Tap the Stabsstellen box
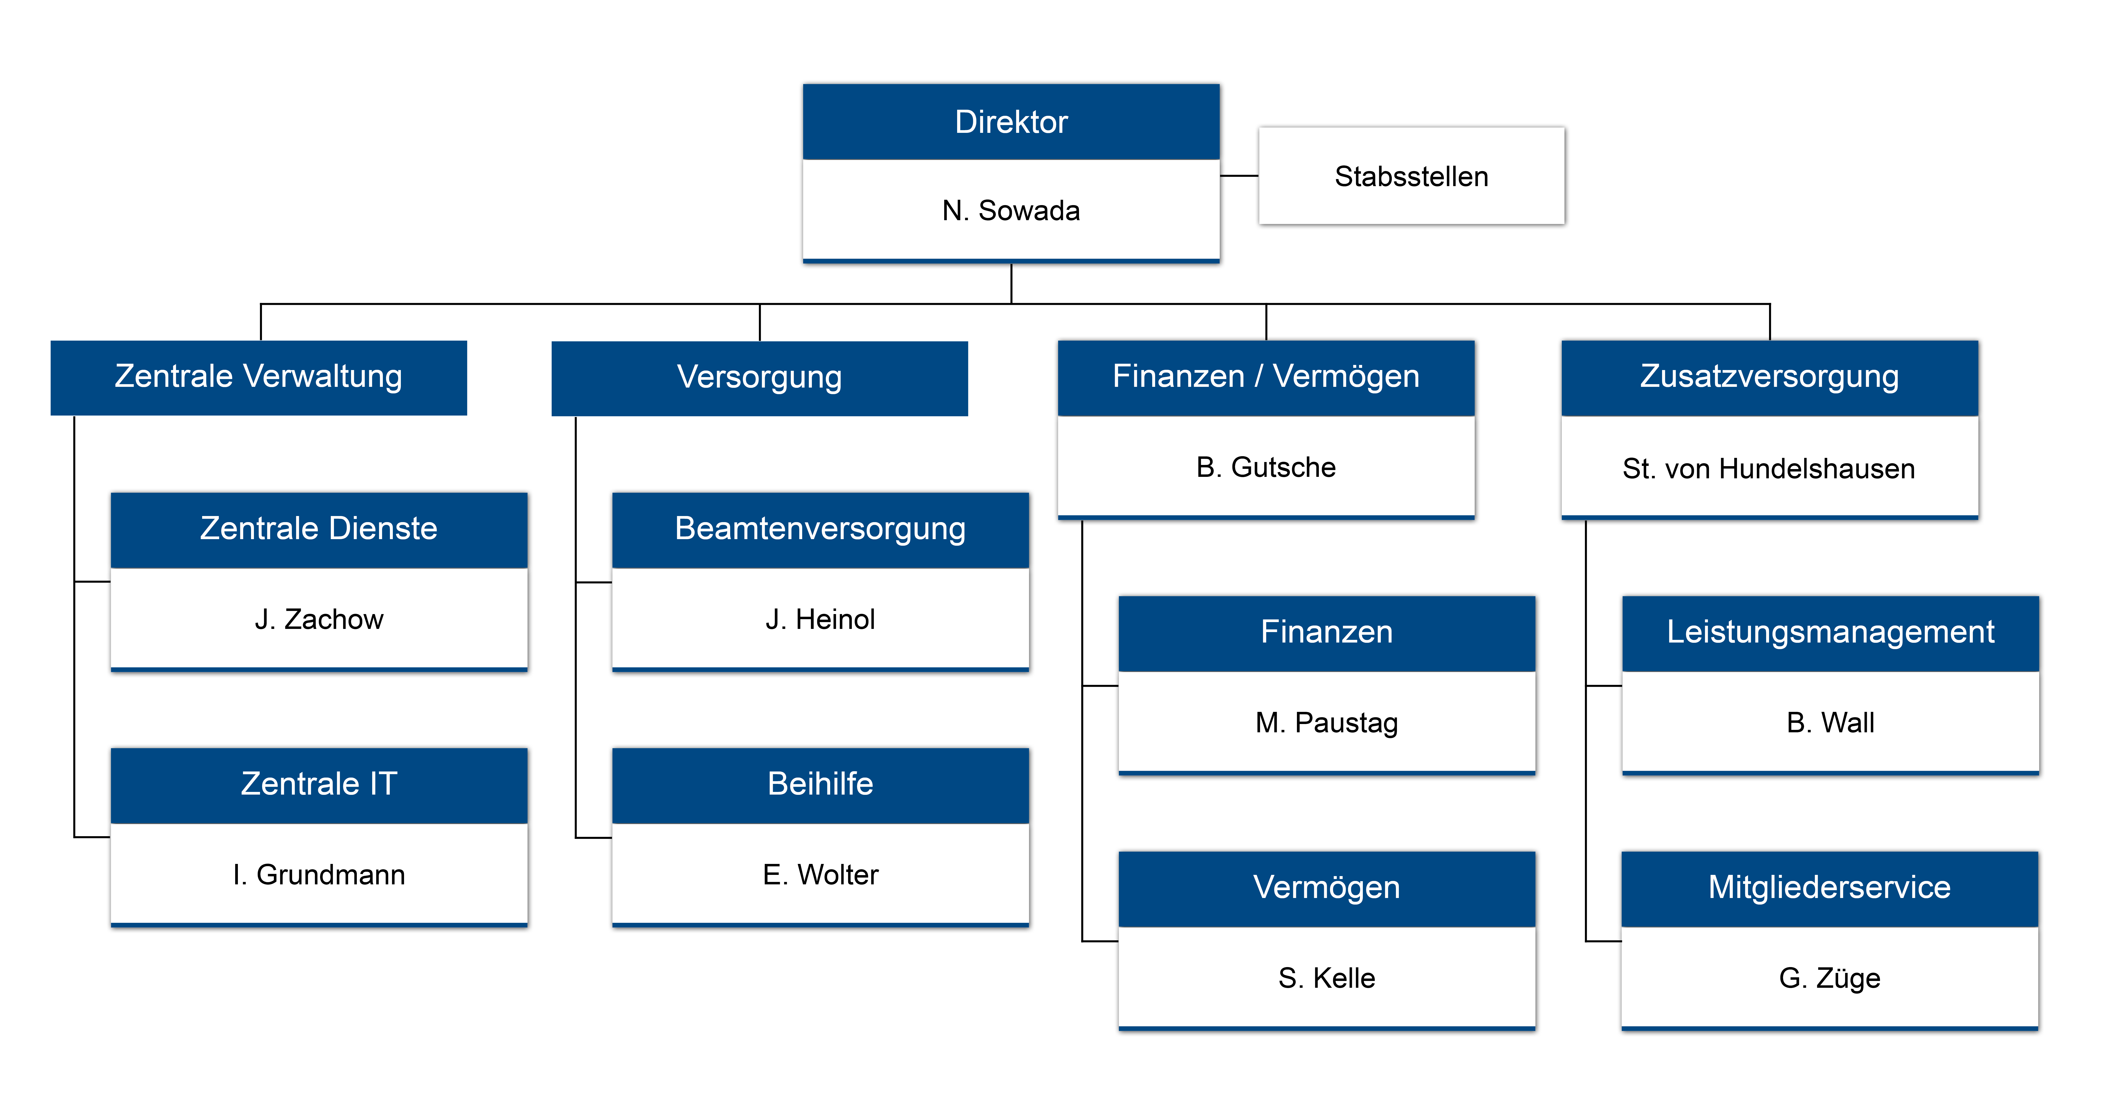click(1411, 176)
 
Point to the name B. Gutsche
click(1266, 467)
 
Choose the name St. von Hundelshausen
click(1769, 469)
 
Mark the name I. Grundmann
click(319, 875)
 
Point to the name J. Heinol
click(820, 619)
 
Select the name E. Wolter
click(820, 875)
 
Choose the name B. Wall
click(1830, 723)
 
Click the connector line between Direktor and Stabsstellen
click(1239, 176)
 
